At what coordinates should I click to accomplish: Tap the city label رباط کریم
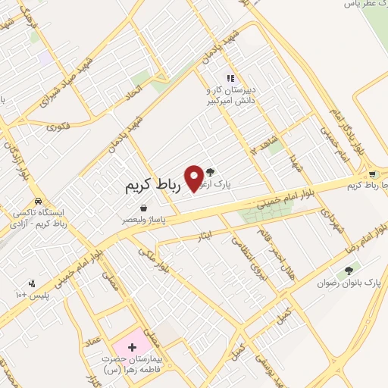pos(155,185)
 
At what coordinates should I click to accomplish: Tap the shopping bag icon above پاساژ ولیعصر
pos(143,208)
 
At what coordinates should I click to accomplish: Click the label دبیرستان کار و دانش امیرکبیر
pos(236,93)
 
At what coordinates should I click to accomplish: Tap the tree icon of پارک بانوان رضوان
pos(349,271)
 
